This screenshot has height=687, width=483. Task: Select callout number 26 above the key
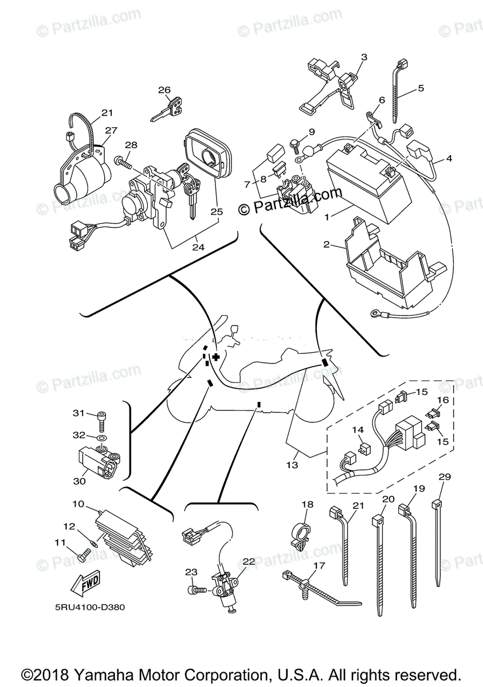[164, 90]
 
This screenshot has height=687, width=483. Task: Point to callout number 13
[292, 465]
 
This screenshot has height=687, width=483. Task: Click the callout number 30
[79, 481]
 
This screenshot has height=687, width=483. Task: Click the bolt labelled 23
[195, 588]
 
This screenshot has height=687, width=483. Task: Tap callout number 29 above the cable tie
[445, 476]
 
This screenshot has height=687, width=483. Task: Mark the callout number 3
[363, 57]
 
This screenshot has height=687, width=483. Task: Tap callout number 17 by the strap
[318, 566]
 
